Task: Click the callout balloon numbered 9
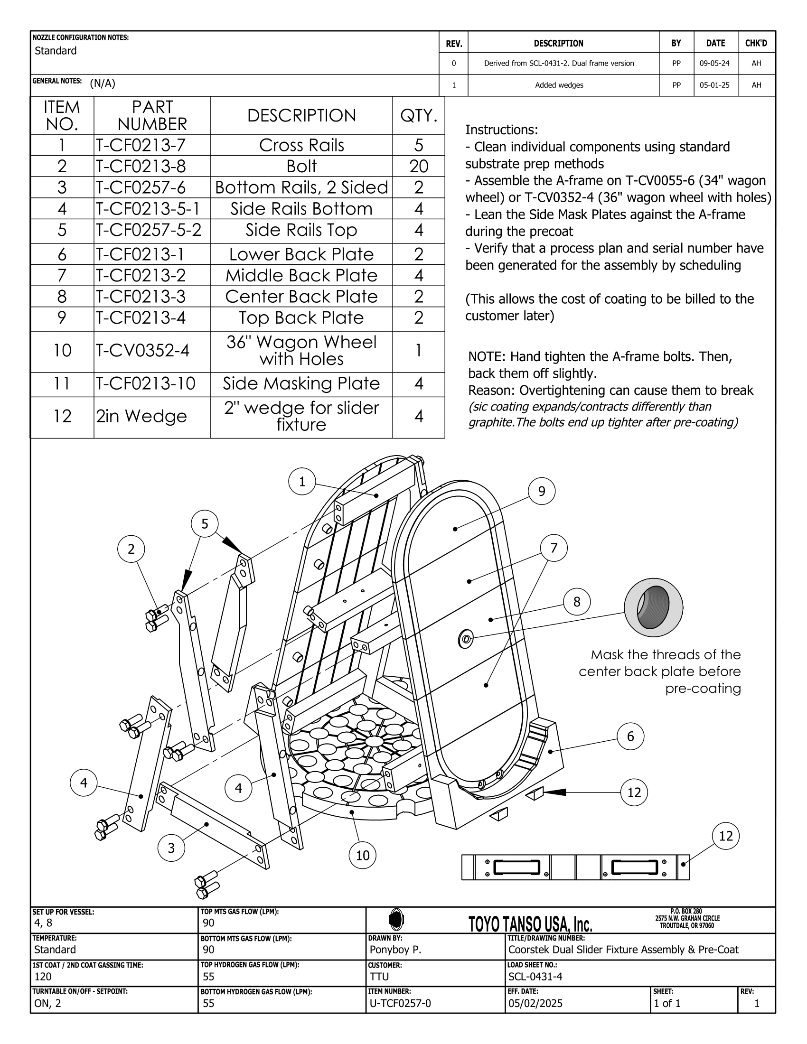(x=541, y=492)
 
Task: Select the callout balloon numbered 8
(x=577, y=601)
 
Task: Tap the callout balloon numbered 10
(x=362, y=855)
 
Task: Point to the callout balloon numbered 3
(x=171, y=848)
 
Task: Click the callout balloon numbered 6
(x=630, y=736)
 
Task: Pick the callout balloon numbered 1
(x=301, y=482)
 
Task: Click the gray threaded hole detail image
(x=653, y=607)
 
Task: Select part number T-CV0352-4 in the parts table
(x=142, y=351)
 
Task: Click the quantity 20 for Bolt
(x=418, y=167)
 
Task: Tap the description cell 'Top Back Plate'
(x=301, y=318)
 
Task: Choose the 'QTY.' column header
(x=418, y=116)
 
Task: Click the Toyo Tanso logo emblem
(x=396, y=919)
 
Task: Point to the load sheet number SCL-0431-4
(x=535, y=977)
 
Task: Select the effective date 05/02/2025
(x=535, y=1003)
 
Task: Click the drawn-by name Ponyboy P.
(x=395, y=950)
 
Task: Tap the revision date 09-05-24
(x=715, y=63)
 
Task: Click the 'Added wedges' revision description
(x=559, y=85)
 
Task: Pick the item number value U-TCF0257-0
(x=400, y=1003)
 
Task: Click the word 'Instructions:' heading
(x=501, y=130)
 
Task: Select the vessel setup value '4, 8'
(x=43, y=923)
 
